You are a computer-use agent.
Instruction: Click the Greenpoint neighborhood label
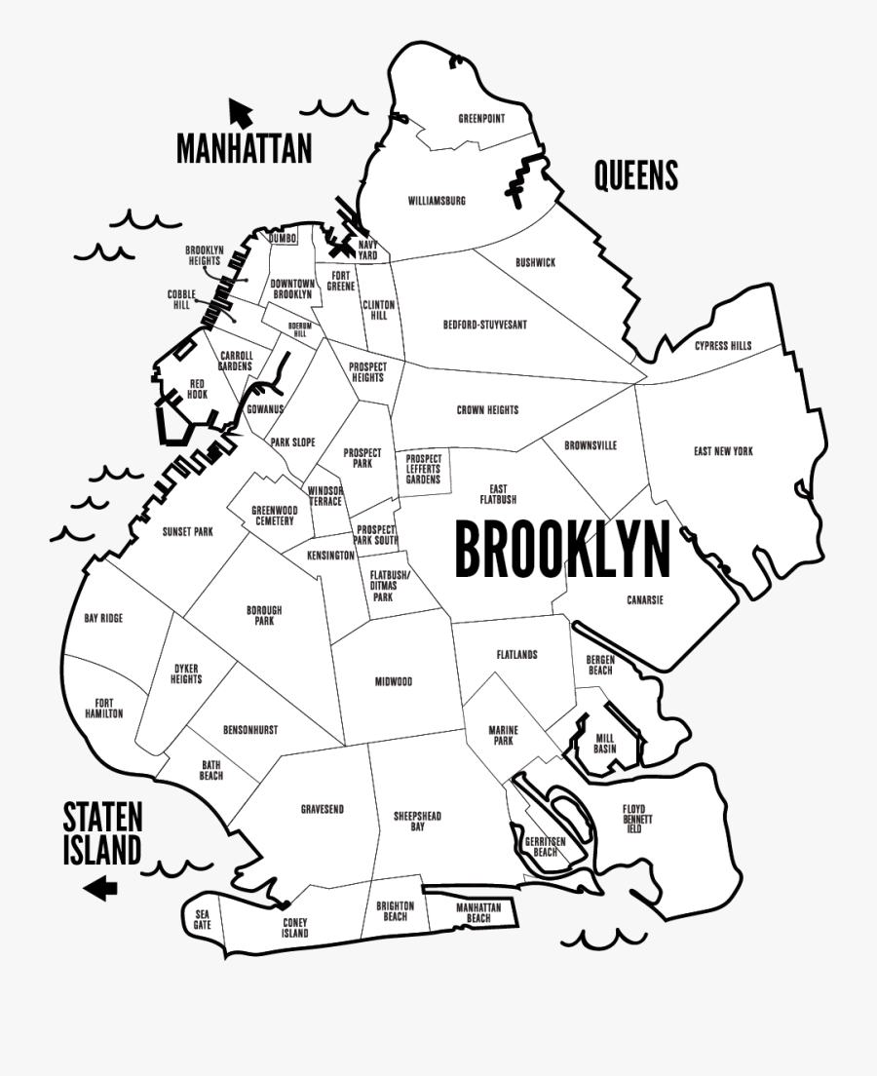(481, 120)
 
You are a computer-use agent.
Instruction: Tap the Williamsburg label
(437, 202)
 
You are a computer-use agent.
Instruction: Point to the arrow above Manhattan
(239, 111)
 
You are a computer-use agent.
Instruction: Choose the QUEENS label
(635, 176)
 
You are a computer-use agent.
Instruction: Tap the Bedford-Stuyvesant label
(484, 325)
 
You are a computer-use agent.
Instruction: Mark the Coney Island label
(295, 928)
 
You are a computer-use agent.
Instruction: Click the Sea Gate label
(202, 919)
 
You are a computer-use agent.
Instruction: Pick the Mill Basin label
(605, 744)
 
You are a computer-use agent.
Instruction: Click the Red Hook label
(198, 389)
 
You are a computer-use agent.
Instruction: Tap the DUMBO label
(283, 238)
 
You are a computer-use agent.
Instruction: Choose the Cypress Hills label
(723, 346)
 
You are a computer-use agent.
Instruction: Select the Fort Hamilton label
(109, 709)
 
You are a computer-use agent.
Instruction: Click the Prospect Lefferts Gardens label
(423, 469)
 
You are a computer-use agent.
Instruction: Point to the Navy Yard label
(367, 250)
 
